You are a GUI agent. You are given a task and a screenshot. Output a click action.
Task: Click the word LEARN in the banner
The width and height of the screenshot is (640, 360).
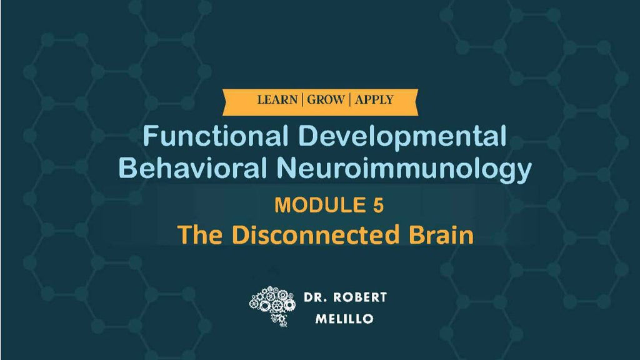click(x=277, y=99)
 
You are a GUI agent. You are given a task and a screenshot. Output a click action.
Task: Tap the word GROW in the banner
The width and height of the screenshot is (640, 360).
click(x=325, y=99)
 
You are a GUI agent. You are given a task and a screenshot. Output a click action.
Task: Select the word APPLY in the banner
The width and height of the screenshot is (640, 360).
click(x=374, y=99)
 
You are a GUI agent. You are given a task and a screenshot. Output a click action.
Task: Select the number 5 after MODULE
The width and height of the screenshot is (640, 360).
click(x=377, y=204)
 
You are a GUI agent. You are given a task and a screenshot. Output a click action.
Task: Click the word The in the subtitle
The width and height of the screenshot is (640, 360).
click(x=200, y=234)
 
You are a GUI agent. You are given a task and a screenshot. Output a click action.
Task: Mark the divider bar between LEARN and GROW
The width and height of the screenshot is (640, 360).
click(x=302, y=99)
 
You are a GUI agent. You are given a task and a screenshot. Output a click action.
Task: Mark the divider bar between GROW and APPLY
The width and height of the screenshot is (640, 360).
click(x=350, y=99)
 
